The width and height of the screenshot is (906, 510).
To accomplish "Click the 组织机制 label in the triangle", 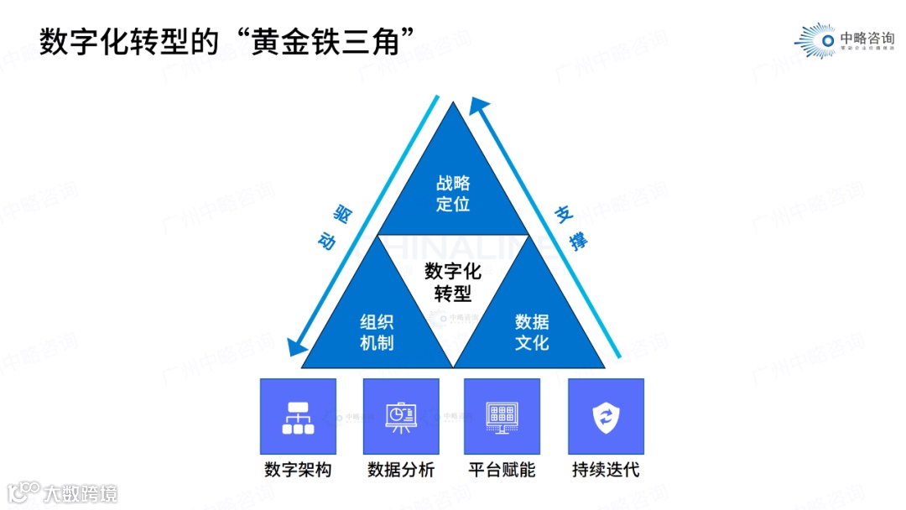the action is (x=377, y=332).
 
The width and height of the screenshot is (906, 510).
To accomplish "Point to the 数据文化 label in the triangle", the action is (x=532, y=332).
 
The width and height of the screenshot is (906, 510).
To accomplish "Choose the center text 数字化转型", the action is (x=453, y=282).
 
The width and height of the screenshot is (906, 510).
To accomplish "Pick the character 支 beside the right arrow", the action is (x=561, y=215).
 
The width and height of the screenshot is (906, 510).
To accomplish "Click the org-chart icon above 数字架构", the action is (x=298, y=417).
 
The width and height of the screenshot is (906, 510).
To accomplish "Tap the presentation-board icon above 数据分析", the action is (x=401, y=417).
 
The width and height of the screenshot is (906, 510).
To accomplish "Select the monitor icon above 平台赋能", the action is (x=502, y=417).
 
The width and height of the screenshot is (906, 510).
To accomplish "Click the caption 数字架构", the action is (x=298, y=470).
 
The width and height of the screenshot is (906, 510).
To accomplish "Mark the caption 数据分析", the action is (x=401, y=470).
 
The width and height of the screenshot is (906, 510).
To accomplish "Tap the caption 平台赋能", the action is (x=502, y=470).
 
